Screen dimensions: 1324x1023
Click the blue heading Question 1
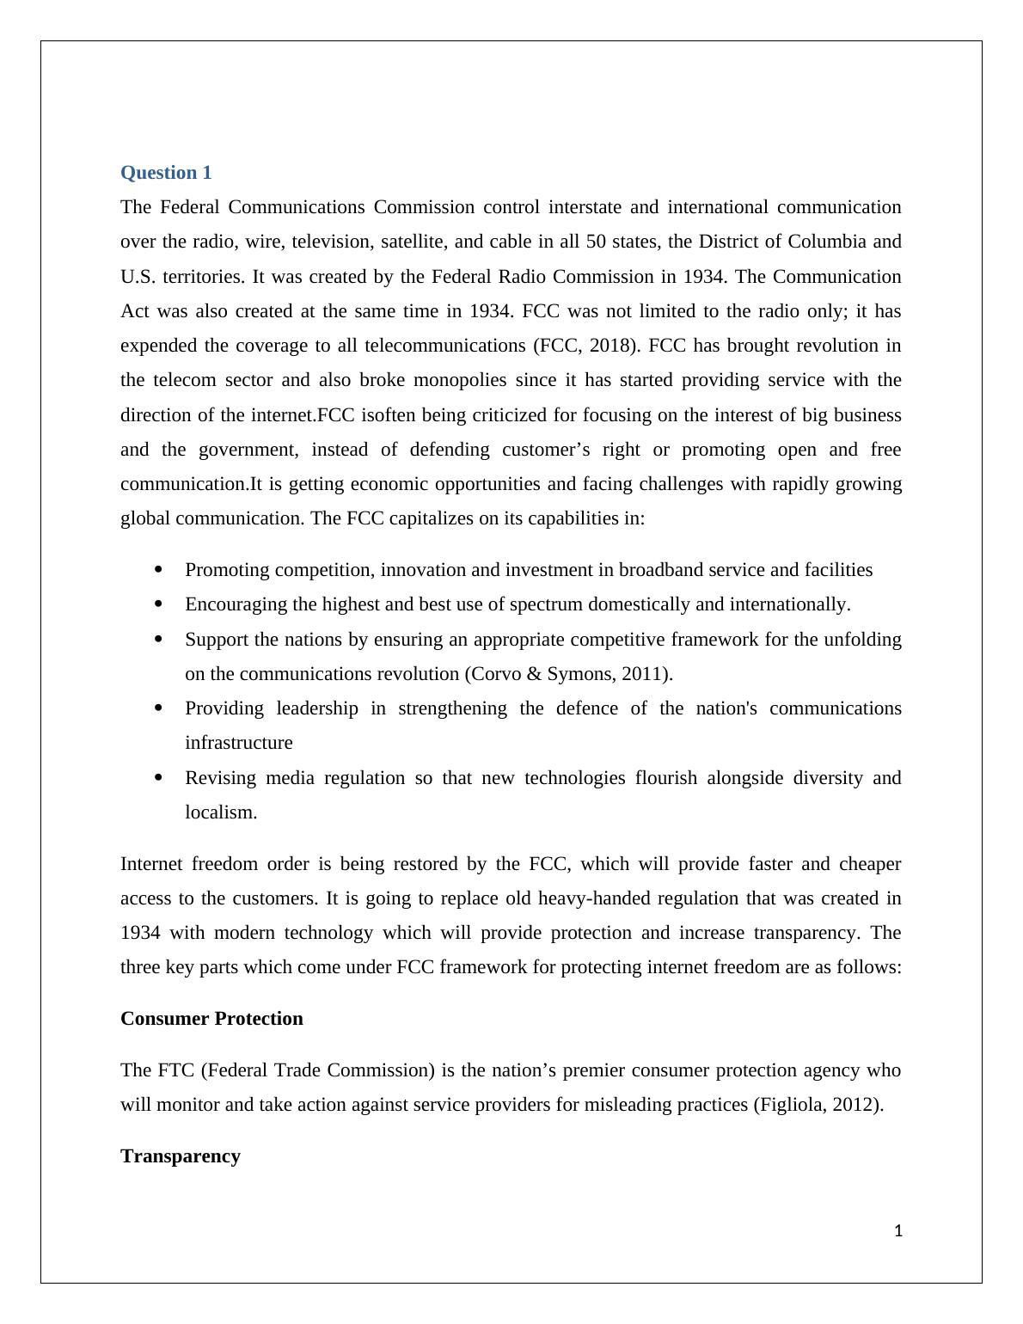click(x=166, y=173)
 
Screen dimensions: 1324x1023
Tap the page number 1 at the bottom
click(x=898, y=1231)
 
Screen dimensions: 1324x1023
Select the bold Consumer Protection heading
click(x=211, y=1019)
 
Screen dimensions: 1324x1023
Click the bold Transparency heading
click(x=181, y=1156)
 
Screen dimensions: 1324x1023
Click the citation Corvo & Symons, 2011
click(x=567, y=674)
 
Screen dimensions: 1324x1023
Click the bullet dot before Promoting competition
click(x=158, y=570)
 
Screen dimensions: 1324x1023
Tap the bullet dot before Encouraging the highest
click(x=158, y=604)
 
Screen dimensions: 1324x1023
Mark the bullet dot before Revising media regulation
click(x=158, y=778)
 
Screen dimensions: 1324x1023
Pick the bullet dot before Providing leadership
click(x=158, y=708)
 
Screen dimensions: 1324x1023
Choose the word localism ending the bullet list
click(x=219, y=812)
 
